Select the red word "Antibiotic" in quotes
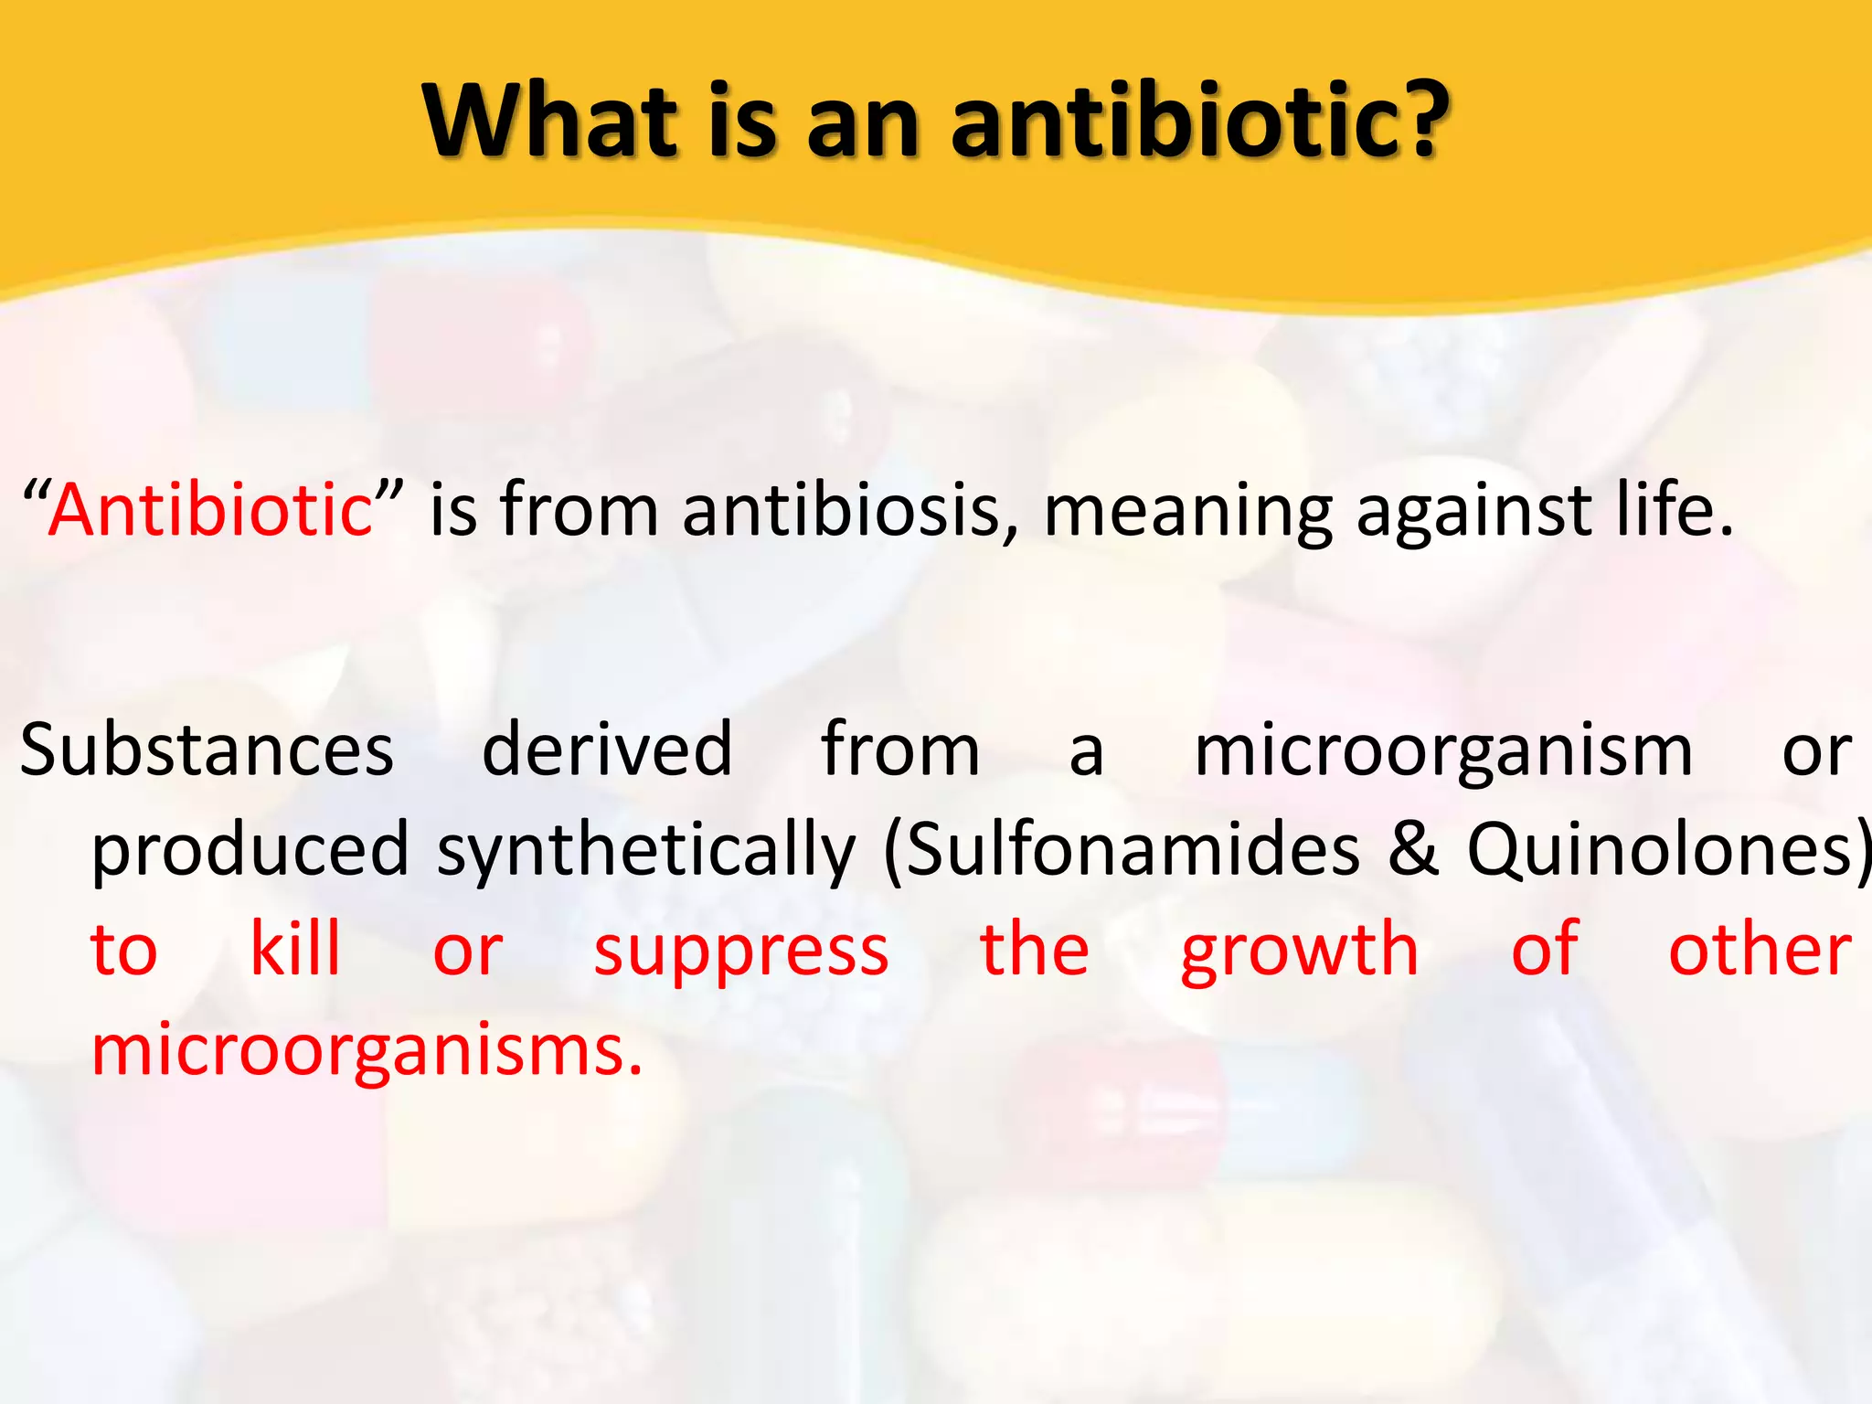tap(210, 510)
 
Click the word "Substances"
tap(207, 750)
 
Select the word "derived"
tap(607, 750)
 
